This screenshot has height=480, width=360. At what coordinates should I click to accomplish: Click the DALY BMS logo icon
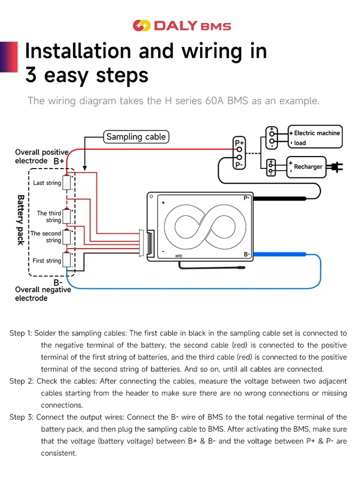141,25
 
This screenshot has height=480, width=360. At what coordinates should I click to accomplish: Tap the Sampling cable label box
136,137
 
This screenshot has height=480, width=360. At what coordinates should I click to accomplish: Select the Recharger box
306,167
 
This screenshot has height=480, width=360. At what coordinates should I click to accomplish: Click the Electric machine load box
315,137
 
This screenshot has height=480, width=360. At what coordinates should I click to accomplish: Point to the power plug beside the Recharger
334,167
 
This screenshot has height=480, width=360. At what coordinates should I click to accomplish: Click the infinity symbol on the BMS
205,227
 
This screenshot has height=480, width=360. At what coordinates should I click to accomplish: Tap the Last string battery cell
66,183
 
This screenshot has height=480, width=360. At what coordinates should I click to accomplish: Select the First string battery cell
66,260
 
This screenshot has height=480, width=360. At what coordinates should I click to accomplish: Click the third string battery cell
66,216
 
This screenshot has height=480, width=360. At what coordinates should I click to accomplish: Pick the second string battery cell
66,237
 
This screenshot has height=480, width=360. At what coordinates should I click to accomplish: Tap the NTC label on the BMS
179,256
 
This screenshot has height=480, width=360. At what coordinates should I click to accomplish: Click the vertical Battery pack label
20,220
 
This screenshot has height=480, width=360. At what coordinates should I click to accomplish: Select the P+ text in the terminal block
239,142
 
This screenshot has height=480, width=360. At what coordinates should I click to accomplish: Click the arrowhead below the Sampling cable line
85,168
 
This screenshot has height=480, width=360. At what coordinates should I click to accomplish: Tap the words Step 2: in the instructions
21,381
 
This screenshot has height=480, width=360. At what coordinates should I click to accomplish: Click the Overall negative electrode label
43,293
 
